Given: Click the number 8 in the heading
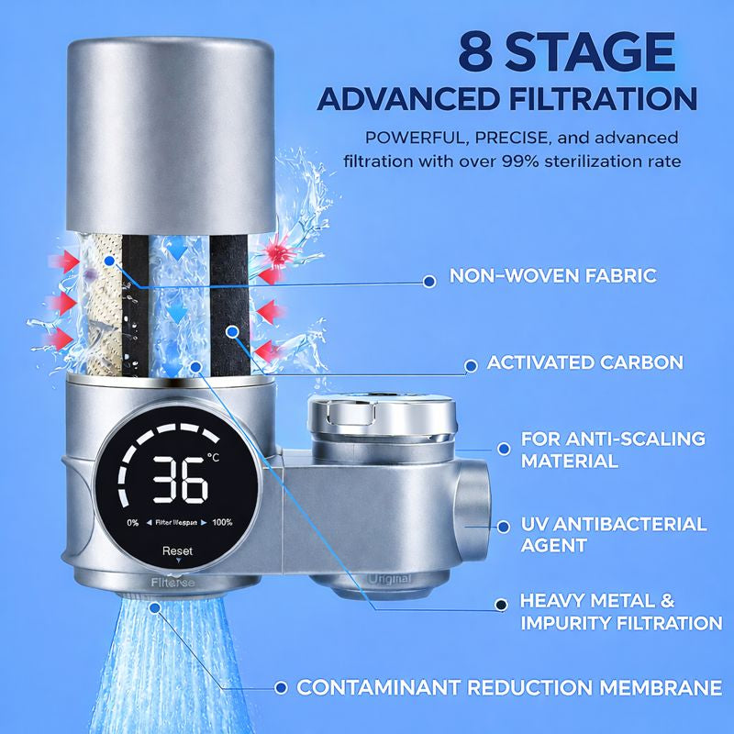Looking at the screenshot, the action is [x=475, y=51].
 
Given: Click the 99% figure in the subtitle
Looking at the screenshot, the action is [x=521, y=161].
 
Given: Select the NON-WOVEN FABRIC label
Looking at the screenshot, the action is [x=553, y=276].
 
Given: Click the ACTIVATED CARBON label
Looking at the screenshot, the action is [x=585, y=362].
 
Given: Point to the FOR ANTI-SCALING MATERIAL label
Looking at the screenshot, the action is [x=613, y=450].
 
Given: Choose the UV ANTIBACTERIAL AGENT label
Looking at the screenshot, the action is [x=614, y=535].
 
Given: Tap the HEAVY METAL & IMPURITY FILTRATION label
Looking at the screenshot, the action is [x=622, y=612].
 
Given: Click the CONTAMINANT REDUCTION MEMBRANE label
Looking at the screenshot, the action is [x=509, y=687].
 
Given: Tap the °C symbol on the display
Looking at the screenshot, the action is [x=214, y=457].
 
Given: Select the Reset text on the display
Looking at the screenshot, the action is [x=177, y=551].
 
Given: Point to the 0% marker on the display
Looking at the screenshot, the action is [x=133, y=522].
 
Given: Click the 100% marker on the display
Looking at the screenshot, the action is [x=222, y=522].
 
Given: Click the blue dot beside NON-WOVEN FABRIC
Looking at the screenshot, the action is [x=429, y=282].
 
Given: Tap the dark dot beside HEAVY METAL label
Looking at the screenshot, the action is [x=501, y=605].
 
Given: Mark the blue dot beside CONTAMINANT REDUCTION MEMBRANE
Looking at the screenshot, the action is [x=281, y=687].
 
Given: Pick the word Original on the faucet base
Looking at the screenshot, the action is [x=389, y=579].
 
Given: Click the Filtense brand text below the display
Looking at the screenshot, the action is [x=172, y=583].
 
